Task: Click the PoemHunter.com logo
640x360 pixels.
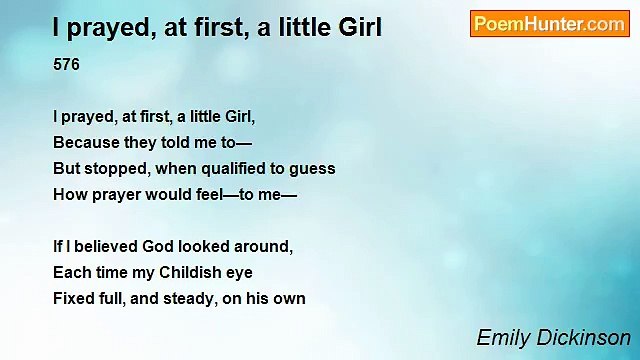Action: pos(549,24)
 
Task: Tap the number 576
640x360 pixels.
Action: pos(66,65)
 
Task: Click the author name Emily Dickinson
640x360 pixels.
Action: pos(553,338)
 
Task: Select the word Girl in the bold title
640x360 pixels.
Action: pos(357,28)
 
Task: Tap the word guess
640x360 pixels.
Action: pos(314,168)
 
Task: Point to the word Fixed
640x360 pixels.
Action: pos(73,298)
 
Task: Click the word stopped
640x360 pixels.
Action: pos(116,168)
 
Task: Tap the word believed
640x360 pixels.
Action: pos(97,246)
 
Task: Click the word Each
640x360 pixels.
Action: pos(71,272)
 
